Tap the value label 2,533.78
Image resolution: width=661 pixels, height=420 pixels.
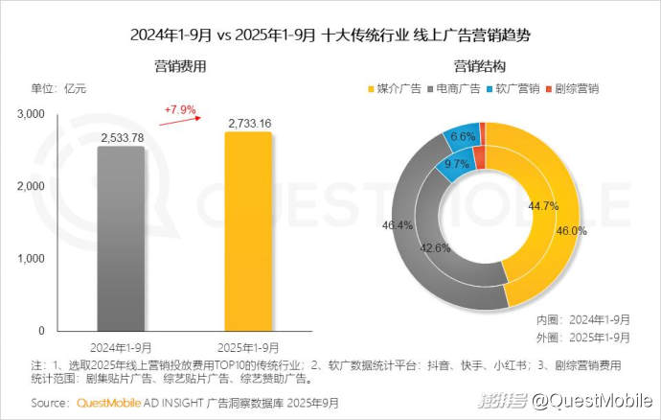tap(121, 138)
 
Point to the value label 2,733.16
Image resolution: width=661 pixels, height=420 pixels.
tap(248, 123)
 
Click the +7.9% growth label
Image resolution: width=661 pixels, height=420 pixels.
tap(179, 109)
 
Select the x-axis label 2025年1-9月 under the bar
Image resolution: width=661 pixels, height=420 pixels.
tap(248, 347)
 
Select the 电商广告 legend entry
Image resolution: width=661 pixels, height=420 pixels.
tap(456, 88)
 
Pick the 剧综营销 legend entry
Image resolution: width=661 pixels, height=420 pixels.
tap(576, 88)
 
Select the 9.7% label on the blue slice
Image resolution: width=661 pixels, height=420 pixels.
tap(457, 165)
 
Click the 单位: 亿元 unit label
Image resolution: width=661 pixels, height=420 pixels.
tap(59, 88)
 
